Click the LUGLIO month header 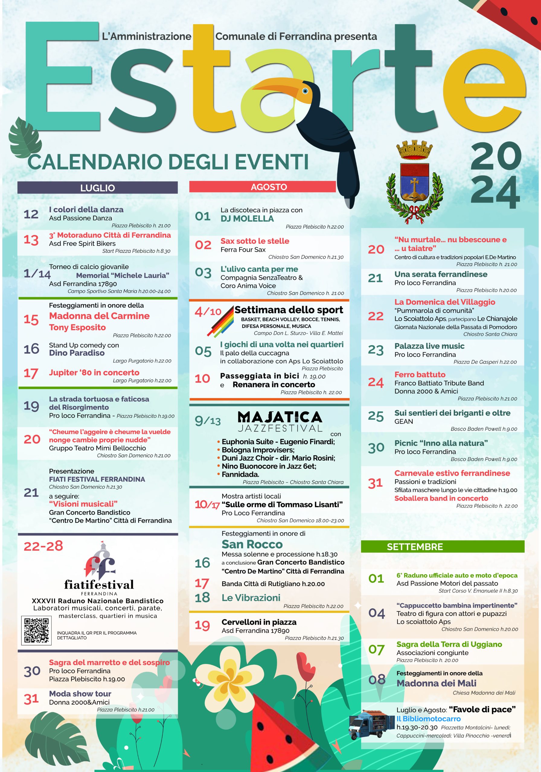(x=97, y=188)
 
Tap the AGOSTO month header (x=269, y=187)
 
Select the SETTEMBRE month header (x=415, y=547)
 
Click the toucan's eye (x=305, y=91)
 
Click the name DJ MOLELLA (x=247, y=219)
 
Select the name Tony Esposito (x=77, y=327)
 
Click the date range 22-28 (x=43, y=546)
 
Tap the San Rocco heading (x=252, y=544)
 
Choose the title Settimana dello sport (x=289, y=310)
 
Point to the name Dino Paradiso (x=77, y=353)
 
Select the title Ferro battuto (x=420, y=374)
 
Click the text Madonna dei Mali (x=436, y=683)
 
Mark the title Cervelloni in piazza (x=259, y=622)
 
